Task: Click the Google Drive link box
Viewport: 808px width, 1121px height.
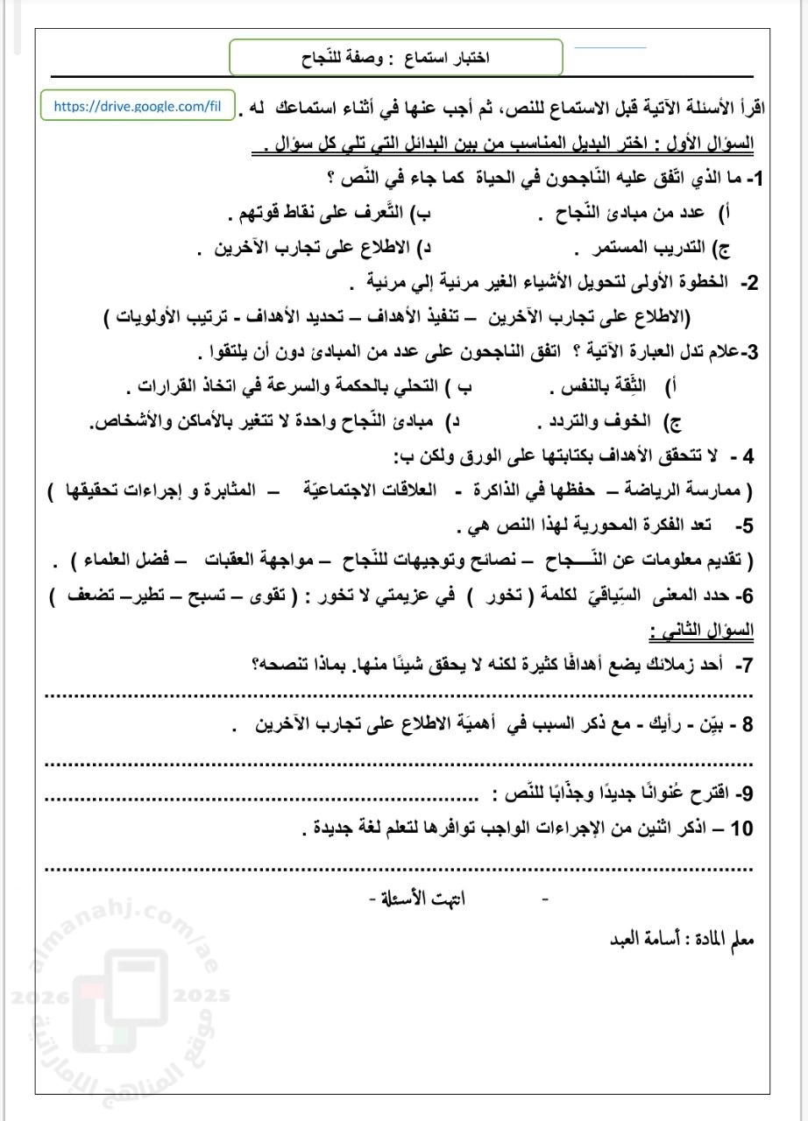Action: pyautogui.click(x=137, y=106)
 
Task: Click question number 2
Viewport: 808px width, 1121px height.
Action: pyautogui.click(x=749, y=284)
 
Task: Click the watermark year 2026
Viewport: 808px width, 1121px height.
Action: pyautogui.click(x=32, y=996)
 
